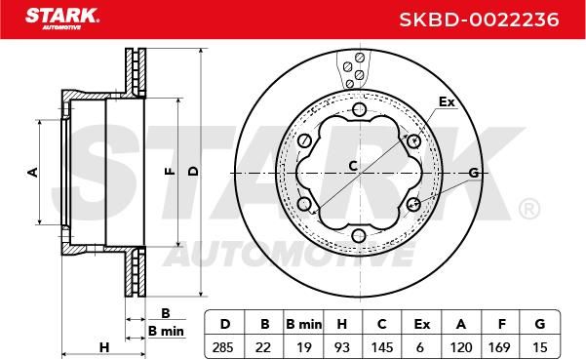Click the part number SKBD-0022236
tap(479, 20)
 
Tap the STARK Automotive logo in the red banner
tap(62, 18)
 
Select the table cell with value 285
tap(222, 347)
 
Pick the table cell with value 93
tap(341, 347)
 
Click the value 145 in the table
tap(382, 347)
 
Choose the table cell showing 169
tap(499, 347)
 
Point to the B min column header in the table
tap(303, 324)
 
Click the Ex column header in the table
tap(422, 324)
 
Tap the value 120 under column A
tap(461, 347)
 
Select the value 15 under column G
tap(539, 347)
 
